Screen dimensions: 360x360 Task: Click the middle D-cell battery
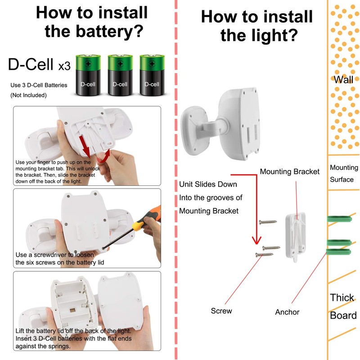tap(120, 75)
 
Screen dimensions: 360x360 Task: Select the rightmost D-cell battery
tap(152, 75)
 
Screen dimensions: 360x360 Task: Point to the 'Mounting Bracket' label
tap(289, 171)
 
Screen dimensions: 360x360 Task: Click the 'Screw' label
tap(221, 311)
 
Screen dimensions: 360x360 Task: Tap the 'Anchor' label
tap(287, 312)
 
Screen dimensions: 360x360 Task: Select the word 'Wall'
tap(343, 80)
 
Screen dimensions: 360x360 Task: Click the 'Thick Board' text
tap(343, 306)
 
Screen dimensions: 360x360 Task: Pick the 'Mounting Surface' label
tap(344, 173)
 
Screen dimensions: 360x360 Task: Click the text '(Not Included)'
tap(28, 95)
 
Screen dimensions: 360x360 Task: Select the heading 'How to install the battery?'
tap(92, 22)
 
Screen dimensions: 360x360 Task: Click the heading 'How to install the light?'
tap(256, 26)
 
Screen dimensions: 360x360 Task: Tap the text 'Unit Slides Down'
tap(208, 184)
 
